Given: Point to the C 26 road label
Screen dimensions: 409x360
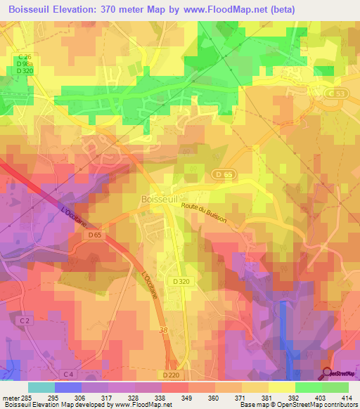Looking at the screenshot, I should click(x=25, y=57).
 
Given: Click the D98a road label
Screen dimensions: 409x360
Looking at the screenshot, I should click(x=25, y=64).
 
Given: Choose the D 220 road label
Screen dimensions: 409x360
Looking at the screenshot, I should click(x=172, y=376).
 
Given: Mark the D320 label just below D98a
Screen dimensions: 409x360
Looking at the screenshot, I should click(x=25, y=71).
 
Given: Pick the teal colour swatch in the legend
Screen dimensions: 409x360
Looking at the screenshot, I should click(x=41, y=387).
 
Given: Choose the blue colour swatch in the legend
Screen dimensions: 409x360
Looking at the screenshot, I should click(x=68, y=387).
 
